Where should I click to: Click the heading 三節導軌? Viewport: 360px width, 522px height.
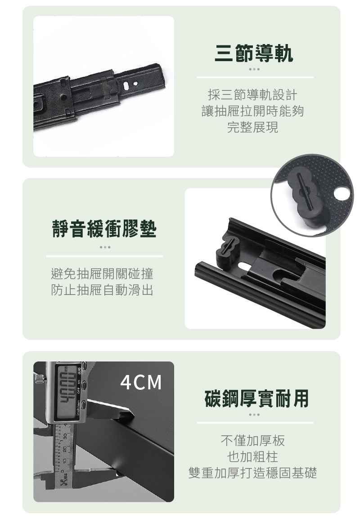point(254,54)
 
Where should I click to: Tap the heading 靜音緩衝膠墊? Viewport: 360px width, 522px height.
point(104,229)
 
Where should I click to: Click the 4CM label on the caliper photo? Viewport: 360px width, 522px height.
point(141,382)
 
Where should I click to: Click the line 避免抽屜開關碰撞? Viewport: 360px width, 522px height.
point(103,273)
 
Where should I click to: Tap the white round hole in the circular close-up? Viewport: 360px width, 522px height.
point(342,194)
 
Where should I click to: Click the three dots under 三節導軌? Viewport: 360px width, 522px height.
point(254,69)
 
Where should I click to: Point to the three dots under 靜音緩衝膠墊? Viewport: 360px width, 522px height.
point(104,247)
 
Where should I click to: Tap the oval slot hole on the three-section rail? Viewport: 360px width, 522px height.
point(131,84)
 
